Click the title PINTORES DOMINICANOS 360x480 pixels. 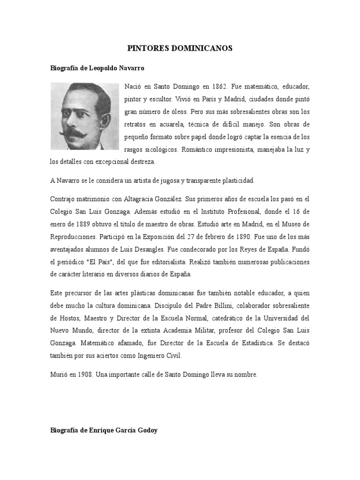(x=180, y=48)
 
